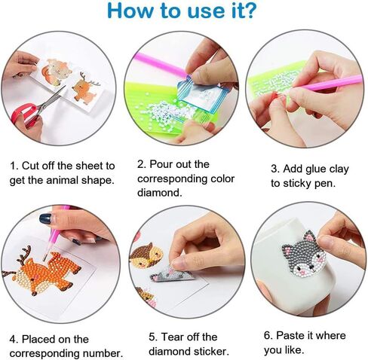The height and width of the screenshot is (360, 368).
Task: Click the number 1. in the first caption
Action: (x=14, y=166)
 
